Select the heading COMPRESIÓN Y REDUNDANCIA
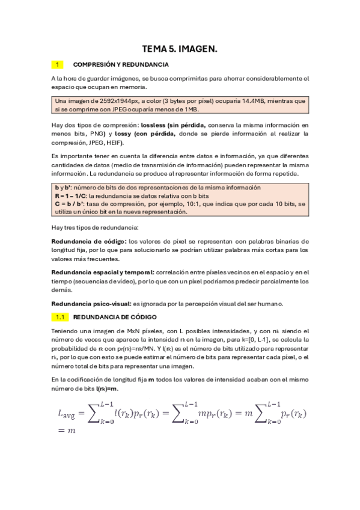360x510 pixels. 120,64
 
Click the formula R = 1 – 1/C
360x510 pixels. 71,196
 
